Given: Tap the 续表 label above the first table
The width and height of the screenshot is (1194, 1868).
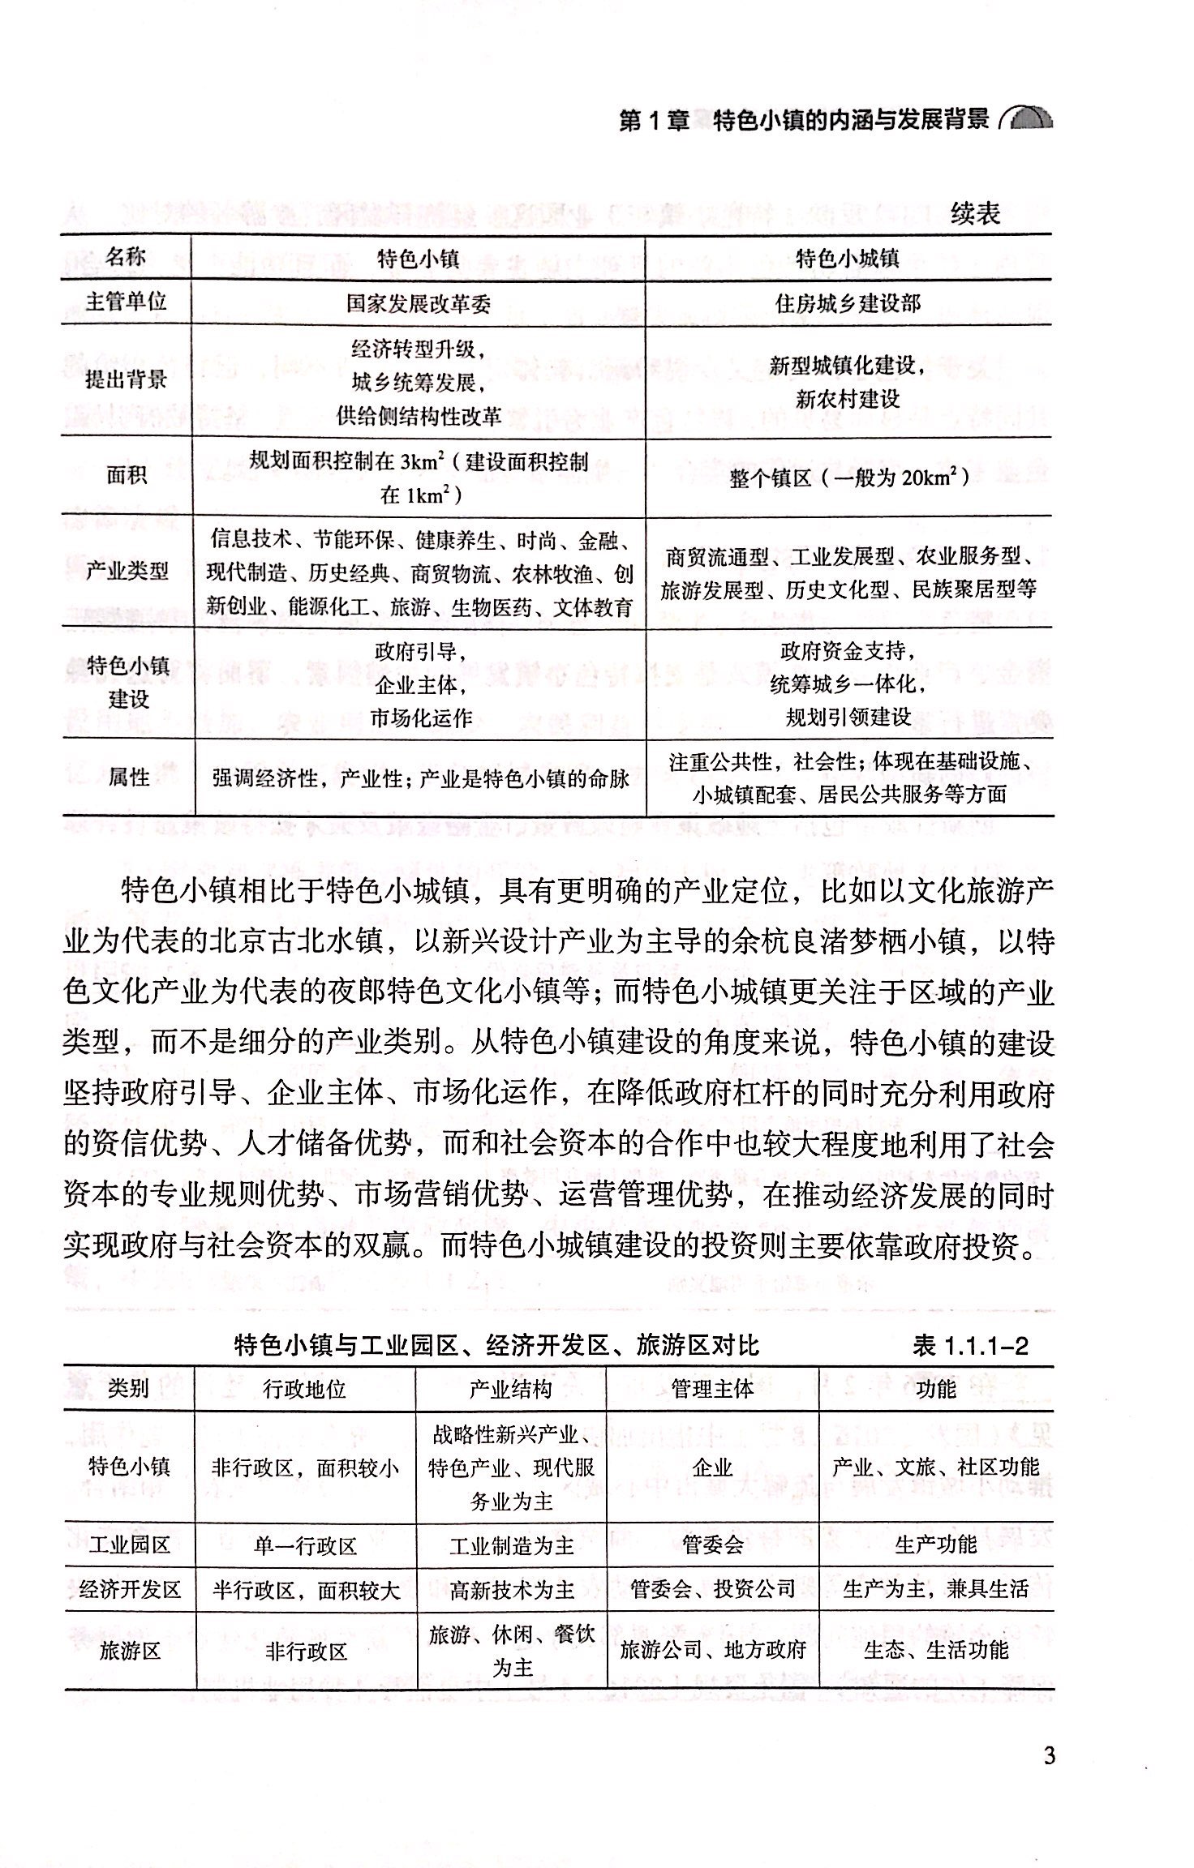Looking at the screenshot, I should tap(975, 214).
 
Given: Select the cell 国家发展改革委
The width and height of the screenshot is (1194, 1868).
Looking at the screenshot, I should tap(419, 304).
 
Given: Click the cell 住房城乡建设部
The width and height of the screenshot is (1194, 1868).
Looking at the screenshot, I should tap(848, 304).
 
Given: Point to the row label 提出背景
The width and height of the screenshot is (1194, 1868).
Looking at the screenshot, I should tap(127, 379).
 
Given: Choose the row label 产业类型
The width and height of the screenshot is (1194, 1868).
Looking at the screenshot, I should tap(127, 571).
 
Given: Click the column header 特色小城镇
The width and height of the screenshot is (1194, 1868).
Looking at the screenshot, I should tap(848, 259).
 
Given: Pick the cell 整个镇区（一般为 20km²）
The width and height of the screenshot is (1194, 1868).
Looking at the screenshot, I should tap(848, 478).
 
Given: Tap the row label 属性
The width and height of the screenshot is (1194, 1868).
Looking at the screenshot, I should tap(129, 778).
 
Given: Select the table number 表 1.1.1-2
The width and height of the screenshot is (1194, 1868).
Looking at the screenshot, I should tap(970, 1347).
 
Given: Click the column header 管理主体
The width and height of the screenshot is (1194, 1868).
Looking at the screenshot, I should tap(712, 1390).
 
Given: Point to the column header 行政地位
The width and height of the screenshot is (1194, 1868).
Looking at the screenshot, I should tap(305, 1390).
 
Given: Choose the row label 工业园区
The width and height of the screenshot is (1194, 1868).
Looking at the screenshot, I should tap(129, 1545).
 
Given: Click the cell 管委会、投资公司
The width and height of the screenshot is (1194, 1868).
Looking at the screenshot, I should tap(712, 1589).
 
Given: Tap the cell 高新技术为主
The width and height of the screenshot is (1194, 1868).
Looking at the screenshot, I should tap(512, 1590).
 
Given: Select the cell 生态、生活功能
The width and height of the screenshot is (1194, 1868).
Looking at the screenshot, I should tap(936, 1650).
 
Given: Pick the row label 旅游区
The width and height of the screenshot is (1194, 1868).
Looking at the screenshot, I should tap(130, 1651).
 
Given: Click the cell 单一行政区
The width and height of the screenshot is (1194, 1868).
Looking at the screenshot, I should tap(305, 1545).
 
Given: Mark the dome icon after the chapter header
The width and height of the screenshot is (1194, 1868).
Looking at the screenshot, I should tap(1028, 118).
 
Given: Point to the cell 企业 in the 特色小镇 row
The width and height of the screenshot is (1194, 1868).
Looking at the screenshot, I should tap(712, 1467).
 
